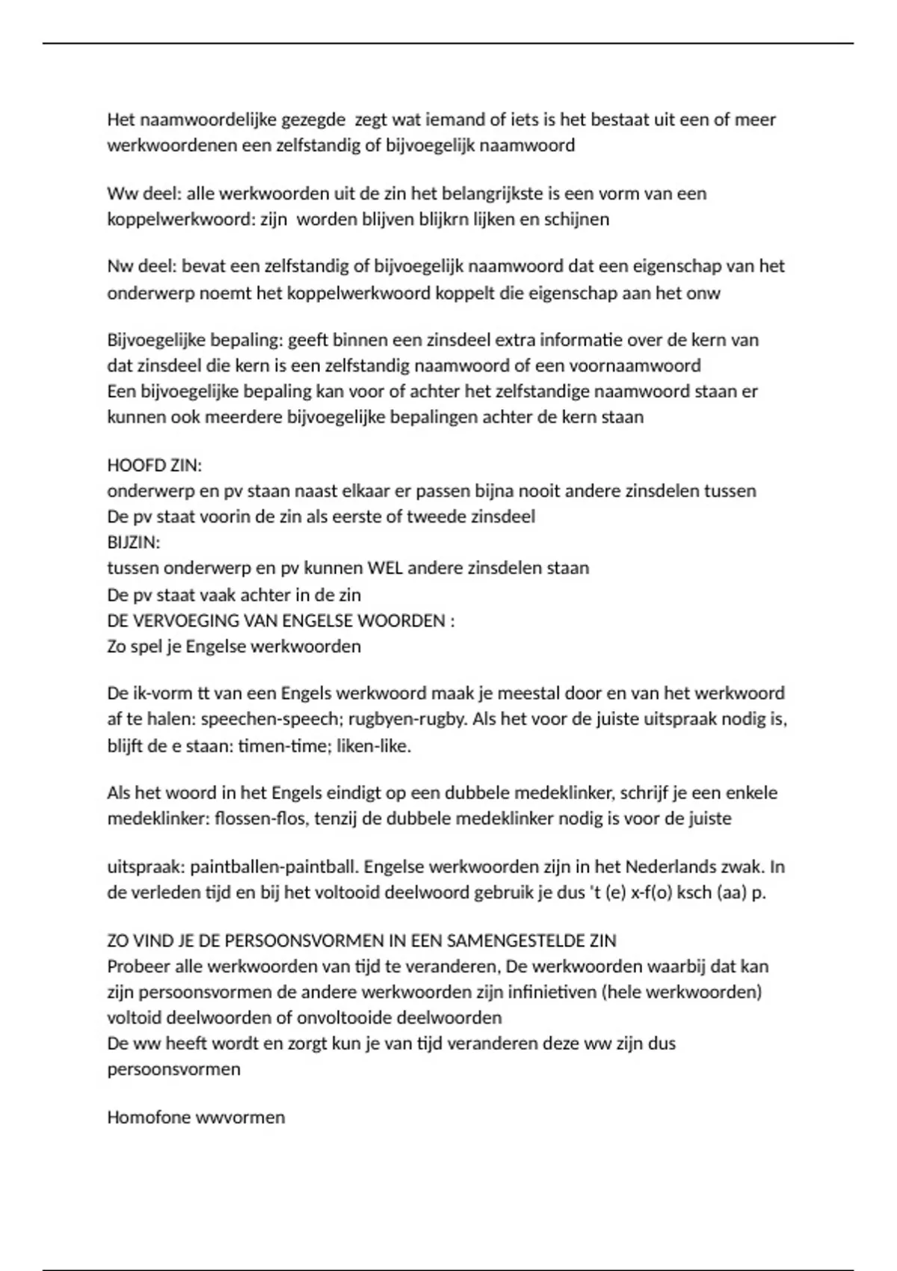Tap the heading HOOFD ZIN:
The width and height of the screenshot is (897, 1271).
click(x=155, y=465)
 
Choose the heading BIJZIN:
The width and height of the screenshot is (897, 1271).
click(x=134, y=542)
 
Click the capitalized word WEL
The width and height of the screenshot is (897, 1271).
click(x=385, y=567)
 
